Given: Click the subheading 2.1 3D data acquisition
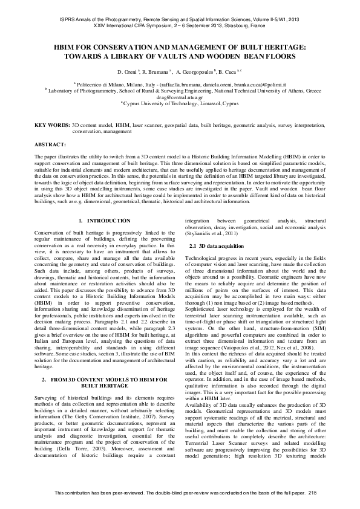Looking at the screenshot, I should (217, 246).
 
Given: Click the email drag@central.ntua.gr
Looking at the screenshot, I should (180, 96).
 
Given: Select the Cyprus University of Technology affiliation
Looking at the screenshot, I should (180, 103).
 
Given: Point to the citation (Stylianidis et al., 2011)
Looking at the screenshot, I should (213, 236).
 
